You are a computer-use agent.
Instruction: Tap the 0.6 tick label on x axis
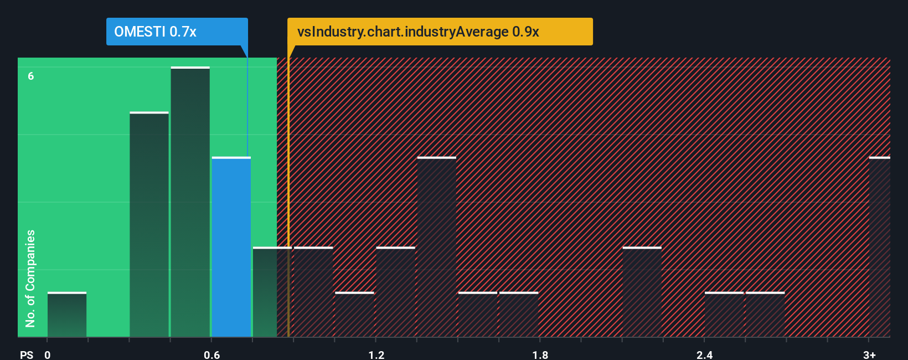click(212, 354)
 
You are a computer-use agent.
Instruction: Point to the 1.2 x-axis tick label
click(376, 354)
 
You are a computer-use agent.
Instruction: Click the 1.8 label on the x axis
click(540, 354)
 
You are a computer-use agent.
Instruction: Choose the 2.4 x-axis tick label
click(704, 354)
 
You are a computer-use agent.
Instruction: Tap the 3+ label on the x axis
click(869, 354)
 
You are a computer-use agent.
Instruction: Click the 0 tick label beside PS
click(48, 354)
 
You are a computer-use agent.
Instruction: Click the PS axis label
click(27, 354)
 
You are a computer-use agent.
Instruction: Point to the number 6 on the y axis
click(31, 76)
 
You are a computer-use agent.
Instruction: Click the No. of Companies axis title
click(30, 278)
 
